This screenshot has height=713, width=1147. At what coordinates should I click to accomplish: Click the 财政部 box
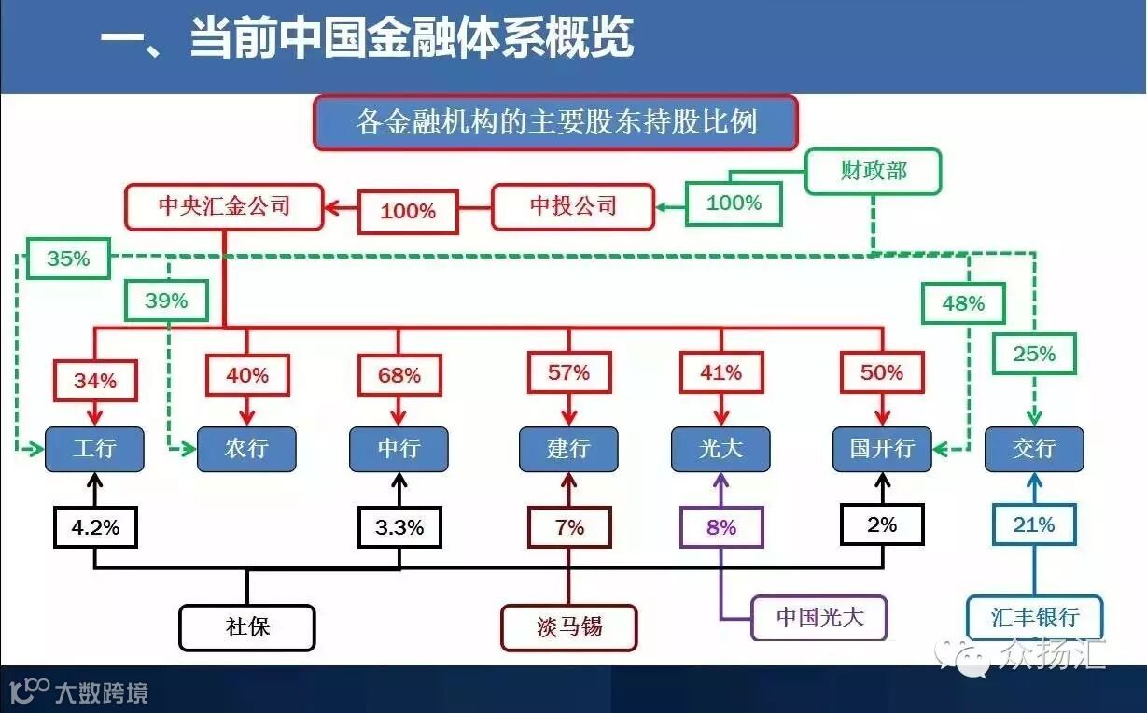(x=874, y=171)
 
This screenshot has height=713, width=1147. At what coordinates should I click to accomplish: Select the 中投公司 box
(x=573, y=205)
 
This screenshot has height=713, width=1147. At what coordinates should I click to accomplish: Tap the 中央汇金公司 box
(x=224, y=205)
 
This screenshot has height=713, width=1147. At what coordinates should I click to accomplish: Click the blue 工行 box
(x=95, y=449)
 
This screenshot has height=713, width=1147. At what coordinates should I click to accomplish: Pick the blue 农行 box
(x=246, y=449)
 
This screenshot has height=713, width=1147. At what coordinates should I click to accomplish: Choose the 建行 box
(x=568, y=449)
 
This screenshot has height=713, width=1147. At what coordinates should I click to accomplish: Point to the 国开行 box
(x=882, y=449)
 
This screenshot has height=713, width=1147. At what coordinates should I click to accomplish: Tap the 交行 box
(x=1034, y=449)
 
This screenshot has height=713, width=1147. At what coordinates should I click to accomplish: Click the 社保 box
(x=247, y=627)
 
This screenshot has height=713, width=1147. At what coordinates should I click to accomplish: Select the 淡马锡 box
(x=569, y=627)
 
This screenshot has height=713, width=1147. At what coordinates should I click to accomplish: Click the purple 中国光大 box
(x=819, y=617)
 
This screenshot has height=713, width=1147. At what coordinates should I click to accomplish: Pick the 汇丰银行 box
(x=1035, y=618)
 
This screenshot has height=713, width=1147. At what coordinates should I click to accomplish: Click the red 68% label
(x=399, y=375)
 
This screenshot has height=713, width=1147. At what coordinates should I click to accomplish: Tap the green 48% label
(x=963, y=303)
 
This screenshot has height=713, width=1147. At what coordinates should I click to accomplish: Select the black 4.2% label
(x=96, y=527)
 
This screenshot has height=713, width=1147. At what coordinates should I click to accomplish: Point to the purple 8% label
(x=721, y=527)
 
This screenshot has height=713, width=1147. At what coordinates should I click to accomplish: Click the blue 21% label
(x=1034, y=525)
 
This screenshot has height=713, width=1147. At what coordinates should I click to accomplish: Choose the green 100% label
(x=734, y=203)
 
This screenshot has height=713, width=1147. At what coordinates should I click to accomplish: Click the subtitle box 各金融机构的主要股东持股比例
(x=556, y=122)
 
